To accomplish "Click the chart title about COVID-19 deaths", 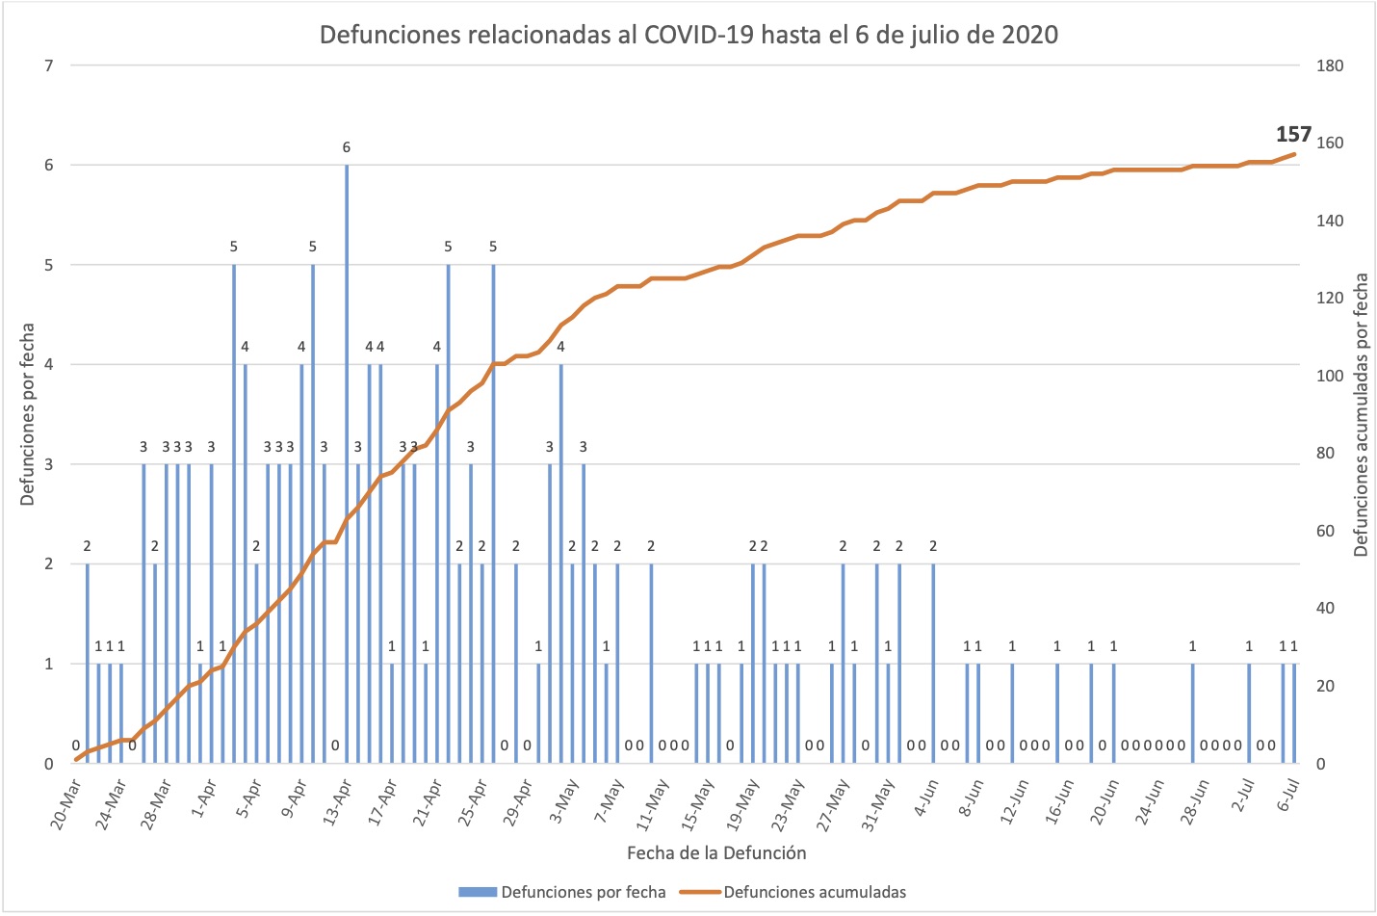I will (x=688, y=36).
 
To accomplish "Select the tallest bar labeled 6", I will (x=347, y=462).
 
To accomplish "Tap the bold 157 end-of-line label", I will (x=1293, y=135).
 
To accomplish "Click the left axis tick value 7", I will (x=48, y=65).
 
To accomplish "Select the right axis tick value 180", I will (x=1330, y=65).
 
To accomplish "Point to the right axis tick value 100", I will (x=1330, y=376).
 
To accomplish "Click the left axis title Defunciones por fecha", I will (x=27, y=414).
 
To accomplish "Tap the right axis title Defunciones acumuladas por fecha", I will (x=1361, y=414).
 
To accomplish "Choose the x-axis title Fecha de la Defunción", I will (x=716, y=852).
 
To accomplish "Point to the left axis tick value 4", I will (x=48, y=365).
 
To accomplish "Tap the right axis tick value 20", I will (x=1326, y=686).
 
